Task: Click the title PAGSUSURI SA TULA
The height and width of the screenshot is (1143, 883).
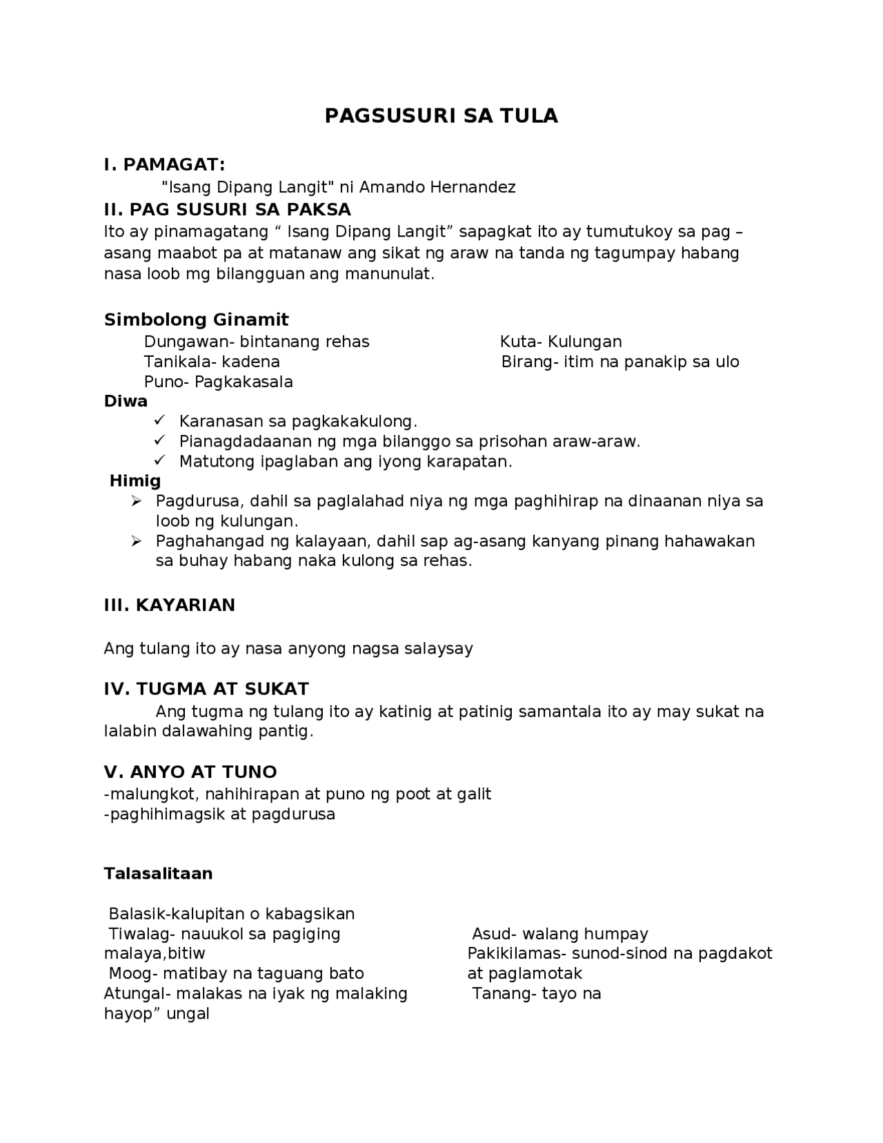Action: point(441,116)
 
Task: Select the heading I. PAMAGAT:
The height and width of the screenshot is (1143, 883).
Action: point(164,165)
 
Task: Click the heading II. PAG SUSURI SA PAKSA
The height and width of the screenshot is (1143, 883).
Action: point(227,209)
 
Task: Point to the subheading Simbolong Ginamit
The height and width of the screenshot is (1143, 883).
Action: point(196,320)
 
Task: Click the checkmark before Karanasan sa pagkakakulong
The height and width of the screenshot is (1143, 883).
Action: point(159,420)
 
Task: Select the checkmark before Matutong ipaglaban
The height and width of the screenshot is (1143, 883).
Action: point(159,460)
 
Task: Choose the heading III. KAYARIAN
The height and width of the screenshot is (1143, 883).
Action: point(169,605)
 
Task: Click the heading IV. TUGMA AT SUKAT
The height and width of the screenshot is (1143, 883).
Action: point(206,689)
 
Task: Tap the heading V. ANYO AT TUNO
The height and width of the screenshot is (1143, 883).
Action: point(190,772)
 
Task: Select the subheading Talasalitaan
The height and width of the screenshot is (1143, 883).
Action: point(158,874)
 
